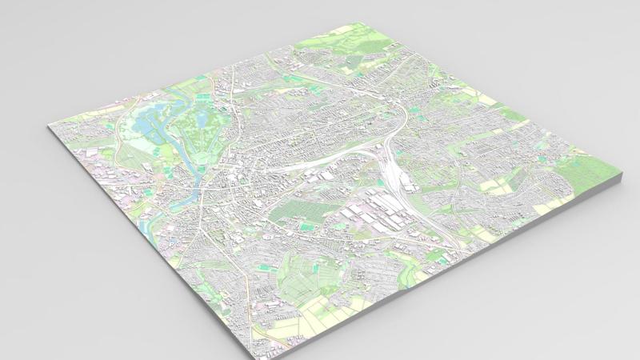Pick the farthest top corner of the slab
coord(370,23)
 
